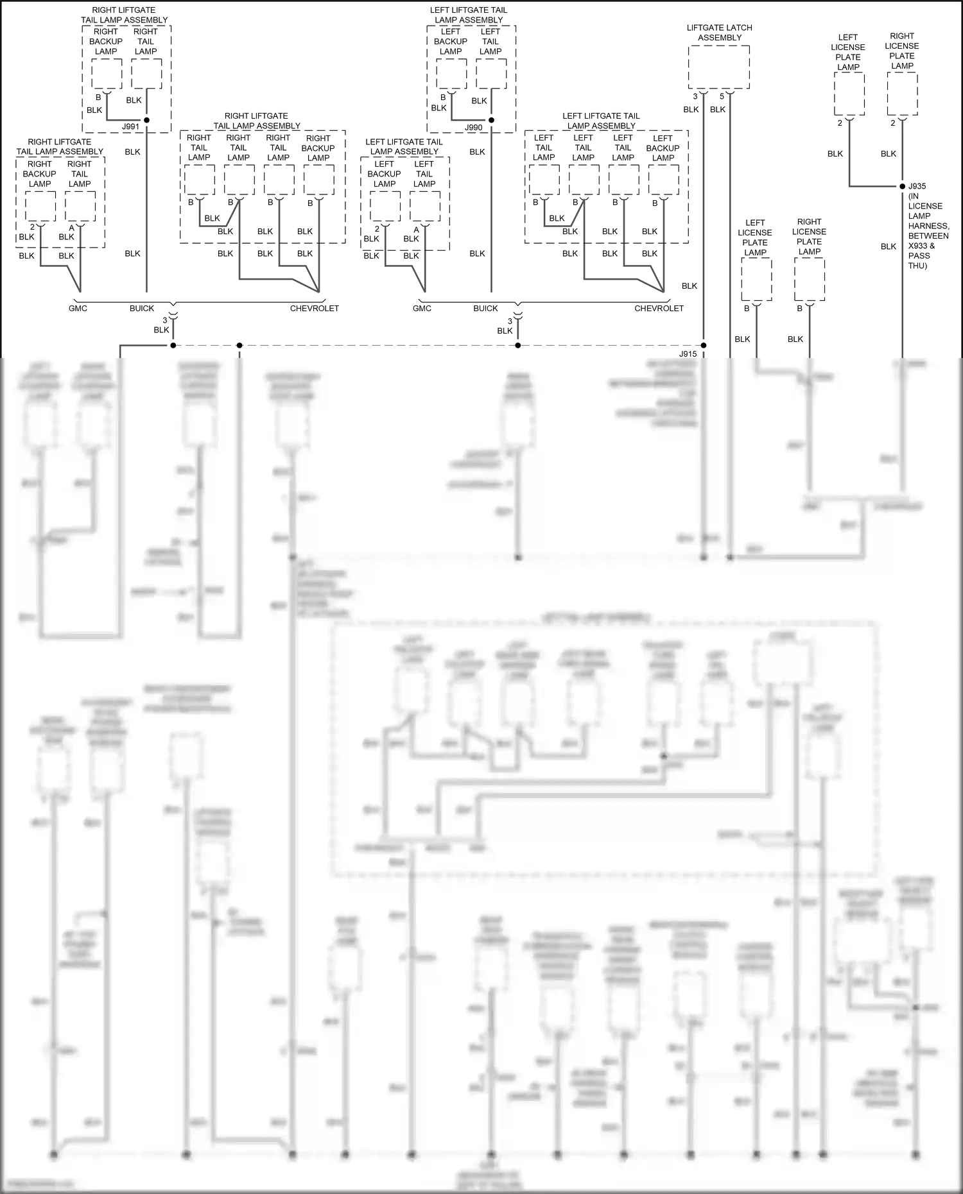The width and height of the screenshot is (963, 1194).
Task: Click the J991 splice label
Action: click(x=130, y=127)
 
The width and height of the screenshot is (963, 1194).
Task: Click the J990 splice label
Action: click(x=474, y=128)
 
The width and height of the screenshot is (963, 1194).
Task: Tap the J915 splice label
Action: click(x=688, y=354)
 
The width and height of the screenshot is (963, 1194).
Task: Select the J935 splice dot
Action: click(x=902, y=186)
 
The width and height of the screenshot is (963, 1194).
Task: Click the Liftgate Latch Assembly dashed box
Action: click(x=719, y=67)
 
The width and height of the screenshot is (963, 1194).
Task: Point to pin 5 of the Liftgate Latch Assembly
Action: click(x=722, y=96)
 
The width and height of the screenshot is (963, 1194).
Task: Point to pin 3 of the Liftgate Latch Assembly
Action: click(x=695, y=96)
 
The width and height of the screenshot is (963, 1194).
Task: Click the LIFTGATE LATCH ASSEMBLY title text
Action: click(x=719, y=33)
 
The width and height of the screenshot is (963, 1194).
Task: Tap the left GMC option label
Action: click(x=78, y=309)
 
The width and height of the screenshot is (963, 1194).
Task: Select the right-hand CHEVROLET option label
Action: click(x=659, y=309)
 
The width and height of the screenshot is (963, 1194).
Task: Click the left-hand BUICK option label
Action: click(x=142, y=309)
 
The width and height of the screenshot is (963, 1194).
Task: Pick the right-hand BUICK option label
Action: click(x=485, y=309)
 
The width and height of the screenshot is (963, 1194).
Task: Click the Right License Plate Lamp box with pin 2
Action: click(x=902, y=94)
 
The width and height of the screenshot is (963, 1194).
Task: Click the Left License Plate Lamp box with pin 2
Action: click(x=849, y=94)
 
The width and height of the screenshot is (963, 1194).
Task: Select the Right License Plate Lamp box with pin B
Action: click(x=809, y=280)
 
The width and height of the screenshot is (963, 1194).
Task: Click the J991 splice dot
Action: click(x=146, y=120)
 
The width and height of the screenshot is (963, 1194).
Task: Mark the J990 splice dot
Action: click(x=491, y=120)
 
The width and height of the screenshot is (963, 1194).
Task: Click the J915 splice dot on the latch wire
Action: click(x=704, y=345)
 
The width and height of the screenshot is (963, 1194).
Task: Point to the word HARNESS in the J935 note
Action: click(x=928, y=226)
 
